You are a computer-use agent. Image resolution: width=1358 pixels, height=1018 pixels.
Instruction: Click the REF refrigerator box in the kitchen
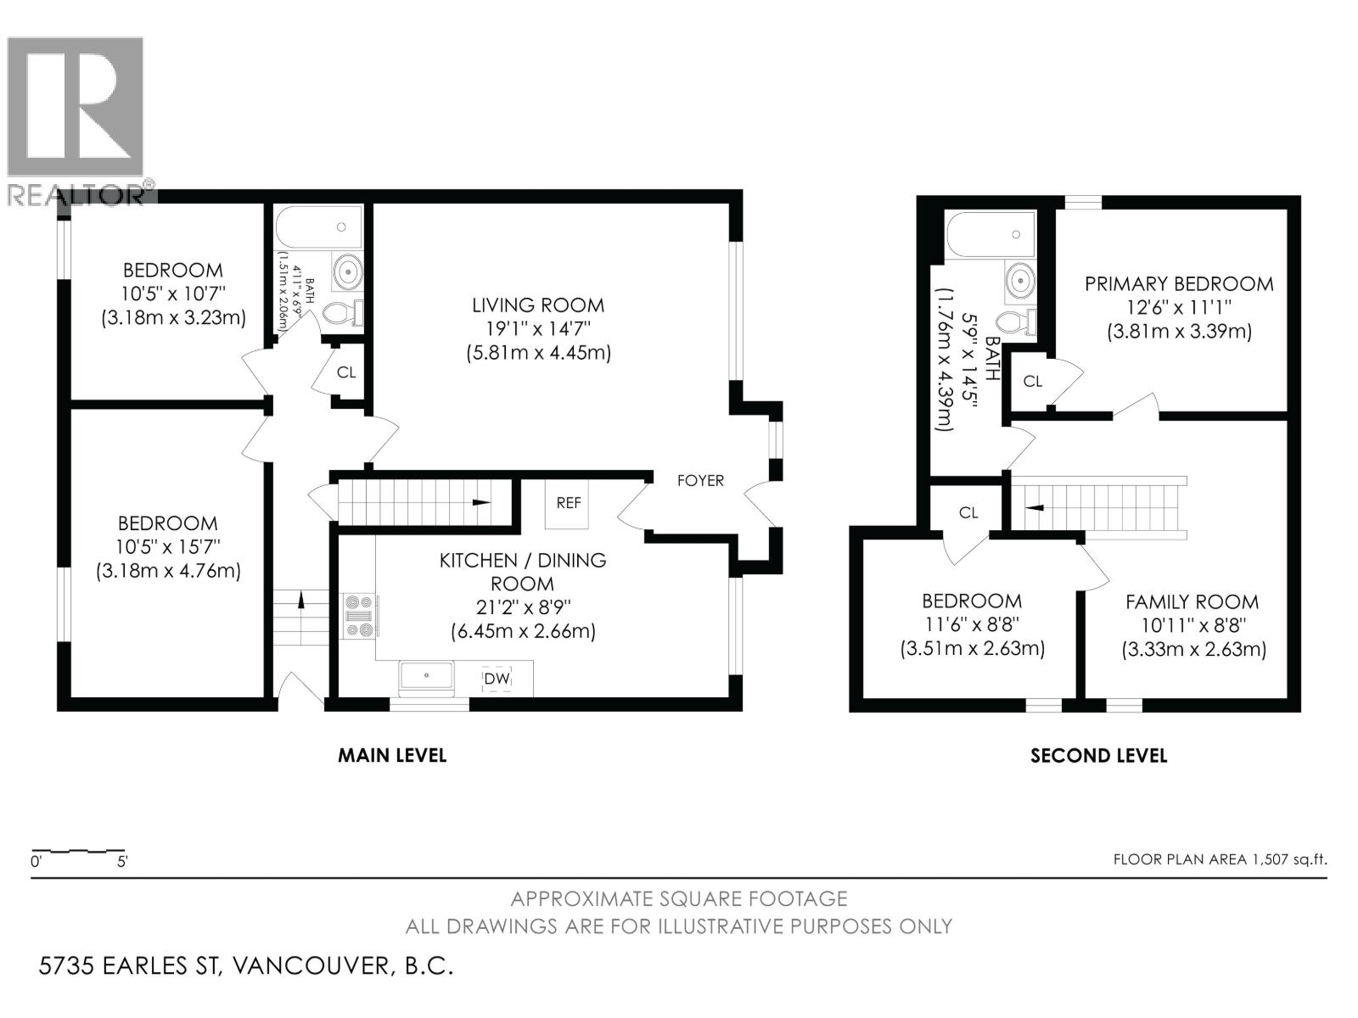coord(568,503)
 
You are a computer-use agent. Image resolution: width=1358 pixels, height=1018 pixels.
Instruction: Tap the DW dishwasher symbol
coord(496,680)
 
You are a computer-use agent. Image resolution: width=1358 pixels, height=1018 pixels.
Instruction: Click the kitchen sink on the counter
coord(427,676)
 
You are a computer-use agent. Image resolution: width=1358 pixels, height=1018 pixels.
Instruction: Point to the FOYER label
coord(700,481)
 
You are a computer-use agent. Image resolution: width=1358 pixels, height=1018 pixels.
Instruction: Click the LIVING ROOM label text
coord(538,305)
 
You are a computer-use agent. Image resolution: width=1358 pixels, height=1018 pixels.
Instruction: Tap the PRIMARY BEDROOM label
coord(1179,284)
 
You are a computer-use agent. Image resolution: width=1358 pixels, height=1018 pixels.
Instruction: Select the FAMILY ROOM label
coord(1192,602)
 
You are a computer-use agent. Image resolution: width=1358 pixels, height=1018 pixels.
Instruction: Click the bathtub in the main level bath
coord(319,227)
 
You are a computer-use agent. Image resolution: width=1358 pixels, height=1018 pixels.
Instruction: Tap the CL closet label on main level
coord(346,372)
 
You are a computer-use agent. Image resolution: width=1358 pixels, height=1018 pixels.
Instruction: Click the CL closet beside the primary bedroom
coord(1032,382)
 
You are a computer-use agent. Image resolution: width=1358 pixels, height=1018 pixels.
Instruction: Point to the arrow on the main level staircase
coord(480,502)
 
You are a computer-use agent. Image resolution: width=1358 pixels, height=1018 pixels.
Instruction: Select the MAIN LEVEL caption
coord(392,755)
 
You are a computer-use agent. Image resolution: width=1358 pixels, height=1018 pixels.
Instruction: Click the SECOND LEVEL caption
coord(1098,756)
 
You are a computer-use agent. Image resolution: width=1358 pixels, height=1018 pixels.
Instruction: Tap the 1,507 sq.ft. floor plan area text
coord(1220,859)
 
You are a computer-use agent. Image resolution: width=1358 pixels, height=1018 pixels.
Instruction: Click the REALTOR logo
coord(76,119)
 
